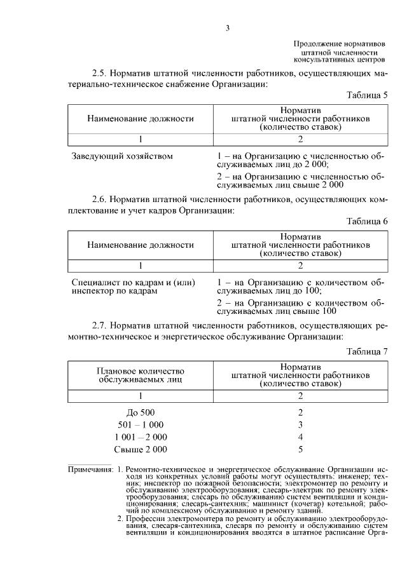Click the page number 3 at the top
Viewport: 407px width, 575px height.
pyautogui.click(x=227, y=27)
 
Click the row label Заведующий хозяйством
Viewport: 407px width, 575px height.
pyautogui.click(x=122, y=156)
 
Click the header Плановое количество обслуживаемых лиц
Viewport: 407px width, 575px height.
pyautogui.click(x=140, y=375)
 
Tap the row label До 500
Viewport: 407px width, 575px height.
pyautogui.click(x=141, y=412)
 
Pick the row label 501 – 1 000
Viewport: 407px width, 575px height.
pyautogui.click(x=141, y=424)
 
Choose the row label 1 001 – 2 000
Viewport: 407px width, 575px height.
pyautogui.click(x=141, y=437)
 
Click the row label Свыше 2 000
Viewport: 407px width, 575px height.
pyautogui.click(x=141, y=450)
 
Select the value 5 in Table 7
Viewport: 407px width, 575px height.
pyautogui.click(x=300, y=450)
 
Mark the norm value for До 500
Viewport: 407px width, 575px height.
pyautogui.click(x=300, y=412)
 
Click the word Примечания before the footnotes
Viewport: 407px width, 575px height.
pyautogui.click(x=91, y=470)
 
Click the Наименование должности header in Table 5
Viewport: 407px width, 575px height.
pyautogui.click(x=140, y=118)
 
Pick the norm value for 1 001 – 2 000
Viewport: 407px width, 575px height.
pyautogui.click(x=300, y=437)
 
